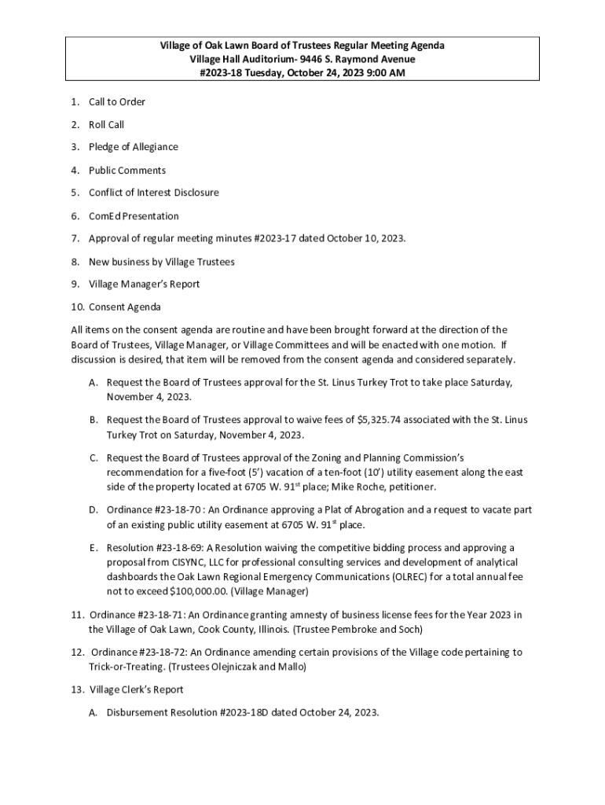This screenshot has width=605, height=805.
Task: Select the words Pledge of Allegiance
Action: tap(133, 147)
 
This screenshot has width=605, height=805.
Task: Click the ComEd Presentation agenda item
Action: tap(134, 215)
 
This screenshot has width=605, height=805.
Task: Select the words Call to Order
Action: tap(117, 101)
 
